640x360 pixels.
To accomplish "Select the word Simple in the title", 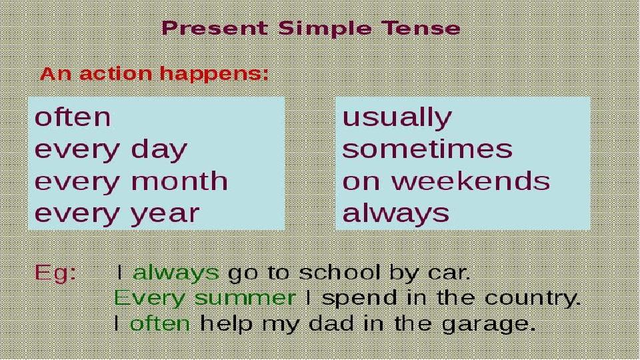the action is [325, 29].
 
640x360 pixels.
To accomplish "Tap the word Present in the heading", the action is [215, 28].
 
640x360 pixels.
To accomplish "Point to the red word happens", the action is [214, 74].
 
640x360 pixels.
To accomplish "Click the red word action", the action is [115, 73].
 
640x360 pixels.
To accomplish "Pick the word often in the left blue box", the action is [73, 117].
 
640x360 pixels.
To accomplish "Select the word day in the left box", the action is [159, 150].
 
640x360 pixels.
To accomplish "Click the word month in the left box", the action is [179, 181].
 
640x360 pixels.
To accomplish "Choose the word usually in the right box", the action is [397, 118].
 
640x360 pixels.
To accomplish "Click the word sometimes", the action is [427, 149].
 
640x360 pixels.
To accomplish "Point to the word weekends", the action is [471, 181].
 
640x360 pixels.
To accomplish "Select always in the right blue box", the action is [396, 213].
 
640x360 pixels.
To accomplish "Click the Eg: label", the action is [55, 272].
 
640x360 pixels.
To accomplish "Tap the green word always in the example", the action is [176, 273].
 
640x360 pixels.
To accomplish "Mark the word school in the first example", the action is [340, 272].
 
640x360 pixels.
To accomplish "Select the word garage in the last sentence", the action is [489, 325].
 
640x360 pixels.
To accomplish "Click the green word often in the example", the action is [160, 324].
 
